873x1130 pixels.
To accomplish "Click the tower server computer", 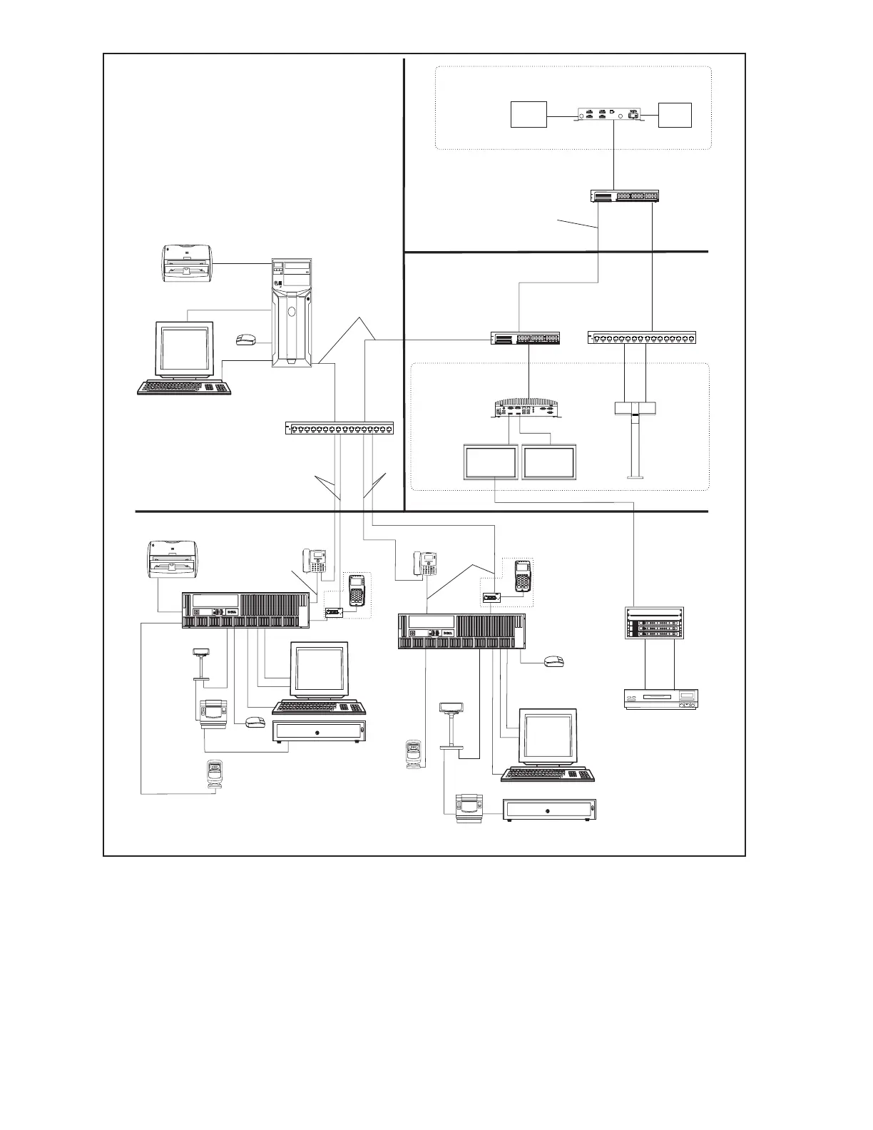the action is tap(291, 313).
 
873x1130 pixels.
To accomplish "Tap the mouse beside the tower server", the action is tap(247, 339).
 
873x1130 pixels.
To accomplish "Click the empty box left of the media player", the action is tap(529, 115).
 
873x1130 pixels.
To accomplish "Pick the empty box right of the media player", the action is tap(675, 115).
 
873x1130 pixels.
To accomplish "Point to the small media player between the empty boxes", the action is tap(611, 116).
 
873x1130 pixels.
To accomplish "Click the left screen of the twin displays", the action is tap(491, 463).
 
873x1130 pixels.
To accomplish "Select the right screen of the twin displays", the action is tap(549, 463).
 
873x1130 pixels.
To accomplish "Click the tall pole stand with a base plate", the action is tap(634, 439).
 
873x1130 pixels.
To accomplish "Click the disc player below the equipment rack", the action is tap(659, 698).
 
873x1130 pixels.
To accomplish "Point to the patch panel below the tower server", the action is tap(340, 429).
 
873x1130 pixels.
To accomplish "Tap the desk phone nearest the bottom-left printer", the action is tap(315, 560).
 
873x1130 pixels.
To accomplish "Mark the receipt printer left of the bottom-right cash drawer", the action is tap(470, 808).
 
